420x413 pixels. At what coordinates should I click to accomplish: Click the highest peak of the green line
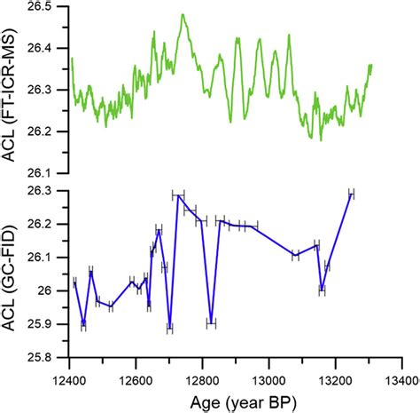(x=183, y=14)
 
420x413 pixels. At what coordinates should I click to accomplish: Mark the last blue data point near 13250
(x=351, y=194)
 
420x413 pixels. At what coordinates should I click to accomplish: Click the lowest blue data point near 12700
(x=169, y=328)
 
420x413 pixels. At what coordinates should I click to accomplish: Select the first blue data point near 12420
(x=75, y=282)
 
